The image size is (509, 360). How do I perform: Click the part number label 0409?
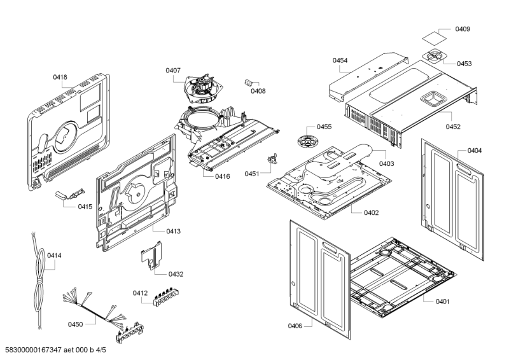(463, 29)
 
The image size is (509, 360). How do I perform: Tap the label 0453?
(464, 64)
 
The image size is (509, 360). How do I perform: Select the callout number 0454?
(340, 60)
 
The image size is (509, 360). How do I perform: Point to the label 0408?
(258, 92)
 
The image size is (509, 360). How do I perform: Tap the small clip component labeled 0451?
(275, 160)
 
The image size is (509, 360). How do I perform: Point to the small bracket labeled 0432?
(151, 256)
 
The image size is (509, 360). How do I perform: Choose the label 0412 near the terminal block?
(140, 293)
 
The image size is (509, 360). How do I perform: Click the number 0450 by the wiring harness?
(75, 324)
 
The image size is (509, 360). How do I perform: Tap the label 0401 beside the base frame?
(442, 301)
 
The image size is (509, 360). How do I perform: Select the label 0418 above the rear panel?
(60, 77)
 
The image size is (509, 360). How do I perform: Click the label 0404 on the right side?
(474, 151)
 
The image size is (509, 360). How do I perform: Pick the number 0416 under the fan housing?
(222, 176)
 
